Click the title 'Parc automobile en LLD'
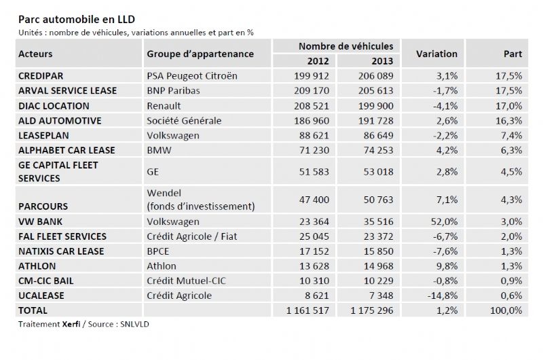pos(77,20)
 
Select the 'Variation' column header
pos(436,54)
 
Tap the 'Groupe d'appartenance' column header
pos(200,54)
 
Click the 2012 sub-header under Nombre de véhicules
pos(318,61)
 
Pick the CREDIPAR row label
pos(41,76)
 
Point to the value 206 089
pos(376,76)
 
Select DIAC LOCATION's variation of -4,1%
pos(445,106)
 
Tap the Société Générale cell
pos(184,121)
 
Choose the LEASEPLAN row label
pos(43,135)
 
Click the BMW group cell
pos(159,150)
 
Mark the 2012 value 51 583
pos(314,172)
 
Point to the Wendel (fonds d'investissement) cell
pos(201,200)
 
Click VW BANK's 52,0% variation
pos(445,221)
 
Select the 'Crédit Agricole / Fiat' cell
pos(192,236)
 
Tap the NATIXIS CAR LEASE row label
pos(61,251)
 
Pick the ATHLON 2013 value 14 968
pos(379,266)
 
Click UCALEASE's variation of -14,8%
pos(443,296)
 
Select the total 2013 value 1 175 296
pos(372,311)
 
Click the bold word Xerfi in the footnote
pos(71,325)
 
